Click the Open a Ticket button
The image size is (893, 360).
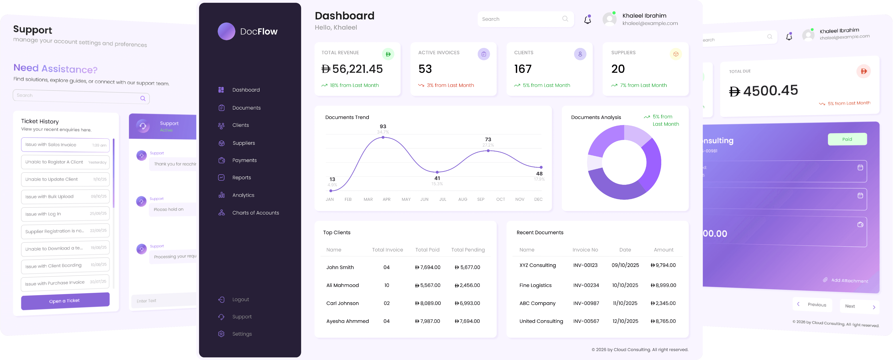65,301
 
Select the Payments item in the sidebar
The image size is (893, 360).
244,160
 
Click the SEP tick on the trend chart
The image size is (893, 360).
481,199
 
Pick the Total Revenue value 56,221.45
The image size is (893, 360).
357,69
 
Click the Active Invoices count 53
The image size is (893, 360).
425,69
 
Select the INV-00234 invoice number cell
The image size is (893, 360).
586,285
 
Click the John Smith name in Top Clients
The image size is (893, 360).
340,267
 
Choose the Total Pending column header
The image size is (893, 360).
468,250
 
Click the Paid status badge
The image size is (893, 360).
847,139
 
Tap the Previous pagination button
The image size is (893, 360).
812,305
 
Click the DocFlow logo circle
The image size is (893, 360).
226,31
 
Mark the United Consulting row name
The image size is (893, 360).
541,321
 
